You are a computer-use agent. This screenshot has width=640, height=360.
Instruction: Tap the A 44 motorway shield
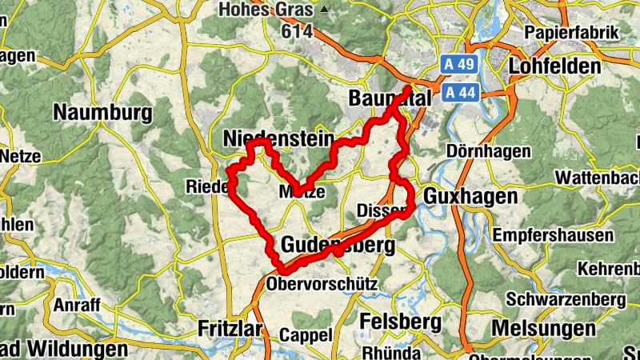[459, 92]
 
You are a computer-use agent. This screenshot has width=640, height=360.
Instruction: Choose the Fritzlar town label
[231, 328]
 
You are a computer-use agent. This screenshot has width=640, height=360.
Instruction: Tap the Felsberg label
[401, 322]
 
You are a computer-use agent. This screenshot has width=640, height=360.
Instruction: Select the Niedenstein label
[278, 139]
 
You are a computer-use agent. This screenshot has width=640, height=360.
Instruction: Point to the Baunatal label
[390, 98]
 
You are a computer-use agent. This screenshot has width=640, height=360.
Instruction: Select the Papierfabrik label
[572, 33]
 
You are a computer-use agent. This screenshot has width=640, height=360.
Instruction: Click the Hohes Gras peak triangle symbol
[324, 10]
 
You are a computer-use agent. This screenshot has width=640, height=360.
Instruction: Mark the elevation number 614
[296, 31]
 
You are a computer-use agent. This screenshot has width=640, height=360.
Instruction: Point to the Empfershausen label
[554, 235]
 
